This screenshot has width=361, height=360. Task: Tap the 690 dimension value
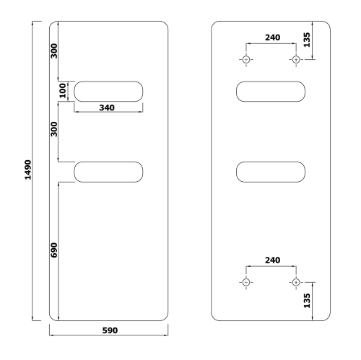(x=54, y=250)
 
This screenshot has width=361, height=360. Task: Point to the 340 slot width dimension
(x=108, y=107)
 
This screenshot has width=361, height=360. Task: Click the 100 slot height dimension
(x=64, y=91)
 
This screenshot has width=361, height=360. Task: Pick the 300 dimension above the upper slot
(x=54, y=51)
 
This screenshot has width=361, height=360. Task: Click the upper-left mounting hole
(x=246, y=58)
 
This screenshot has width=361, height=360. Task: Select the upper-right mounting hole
(x=295, y=58)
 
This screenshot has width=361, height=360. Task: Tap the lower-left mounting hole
(x=246, y=281)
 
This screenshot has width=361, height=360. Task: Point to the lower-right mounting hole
(x=295, y=281)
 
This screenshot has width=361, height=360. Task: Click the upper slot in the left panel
(x=108, y=91)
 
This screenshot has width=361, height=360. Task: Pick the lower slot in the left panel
(x=108, y=171)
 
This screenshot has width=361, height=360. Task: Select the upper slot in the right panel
(x=271, y=91)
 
